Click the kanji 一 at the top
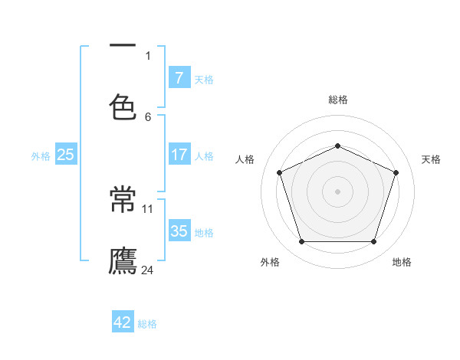[123, 47]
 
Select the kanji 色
[123, 106]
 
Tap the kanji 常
[123, 201]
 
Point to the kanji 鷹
[123, 260]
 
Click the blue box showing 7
[179, 78]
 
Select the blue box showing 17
[179, 155]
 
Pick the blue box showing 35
[179, 231]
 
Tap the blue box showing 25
[66, 155]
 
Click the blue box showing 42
[123, 322]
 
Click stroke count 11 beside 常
[148, 208]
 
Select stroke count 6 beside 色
[148, 116]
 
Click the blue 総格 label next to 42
[147, 324]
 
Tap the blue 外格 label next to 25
[41, 156]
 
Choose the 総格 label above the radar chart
[337, 100]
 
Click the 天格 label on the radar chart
[432, 159]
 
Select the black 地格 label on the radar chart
[402, 262]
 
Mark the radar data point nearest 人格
[279, 172]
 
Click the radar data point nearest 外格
[301, 242]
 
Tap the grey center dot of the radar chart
[337, 191]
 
